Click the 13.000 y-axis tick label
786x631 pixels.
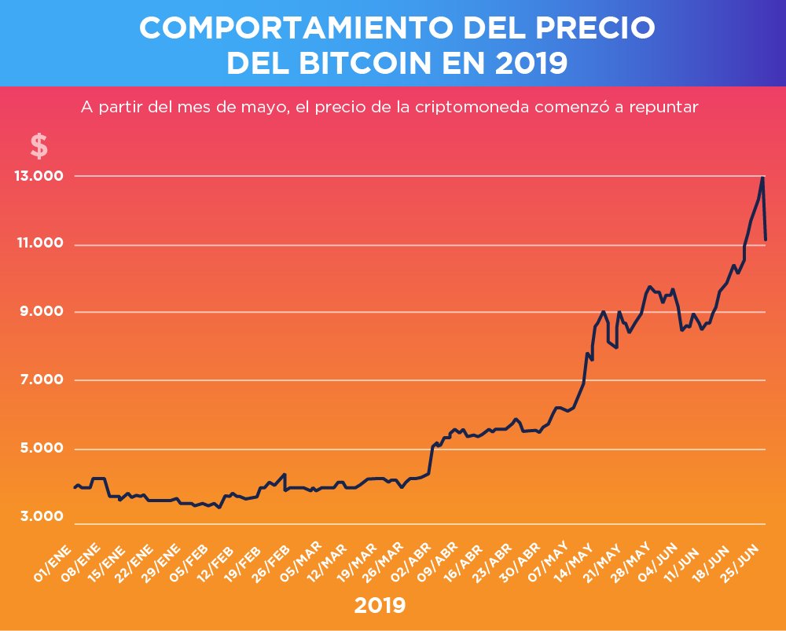point(38,176)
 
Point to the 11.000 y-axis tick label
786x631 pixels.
point(38,244)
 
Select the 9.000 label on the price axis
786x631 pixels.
point(38,312)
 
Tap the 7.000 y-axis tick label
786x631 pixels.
point(38,380)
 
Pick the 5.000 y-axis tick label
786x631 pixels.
point(38,449)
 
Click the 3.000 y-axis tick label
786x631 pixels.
point(38,516)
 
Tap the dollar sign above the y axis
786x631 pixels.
point(39,146)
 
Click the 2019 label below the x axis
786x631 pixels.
point(380,605)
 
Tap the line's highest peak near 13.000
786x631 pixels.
point(762,178)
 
